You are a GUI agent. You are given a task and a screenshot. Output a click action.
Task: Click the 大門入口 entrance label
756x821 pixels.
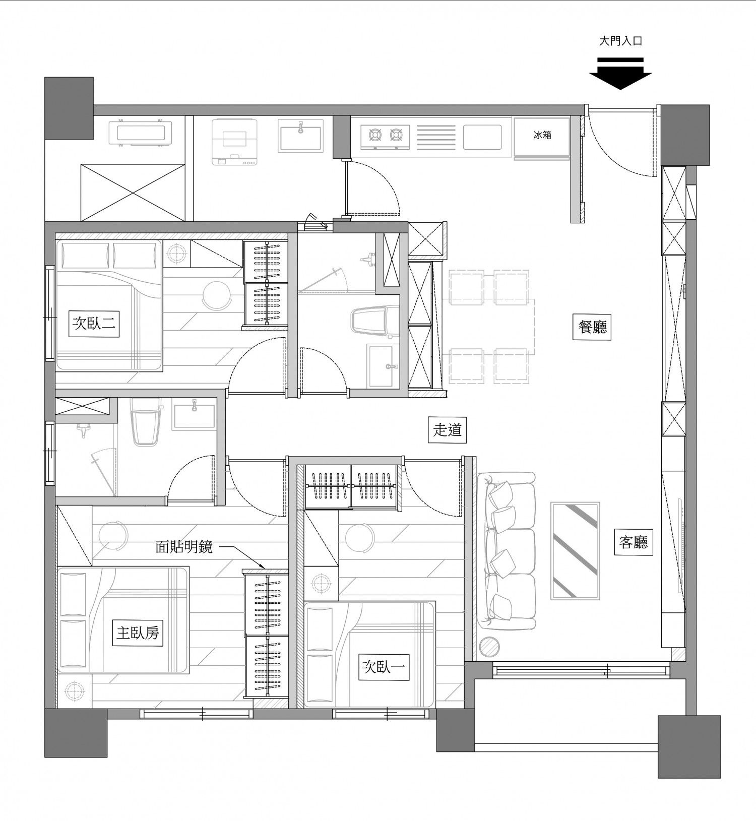point(620,41)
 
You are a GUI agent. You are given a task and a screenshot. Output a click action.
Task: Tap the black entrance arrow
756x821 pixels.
point(620,74)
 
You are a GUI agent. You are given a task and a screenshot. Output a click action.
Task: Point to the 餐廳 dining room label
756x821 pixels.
point(592,327)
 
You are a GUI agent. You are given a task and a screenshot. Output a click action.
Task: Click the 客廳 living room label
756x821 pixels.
point(634,542)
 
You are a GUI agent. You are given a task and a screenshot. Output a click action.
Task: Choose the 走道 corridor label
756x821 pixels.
point(447,429)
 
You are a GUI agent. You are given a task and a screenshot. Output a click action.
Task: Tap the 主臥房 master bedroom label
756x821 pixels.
point(138,633)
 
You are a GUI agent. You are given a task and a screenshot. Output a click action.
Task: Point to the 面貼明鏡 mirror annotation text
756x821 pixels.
point(184,546)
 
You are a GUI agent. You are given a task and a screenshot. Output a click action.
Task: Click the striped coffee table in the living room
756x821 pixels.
point(575,551)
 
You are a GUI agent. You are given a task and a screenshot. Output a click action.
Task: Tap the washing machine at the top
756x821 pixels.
point(233,143)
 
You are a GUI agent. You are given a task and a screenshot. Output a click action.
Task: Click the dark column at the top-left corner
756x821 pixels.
point(69,108)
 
